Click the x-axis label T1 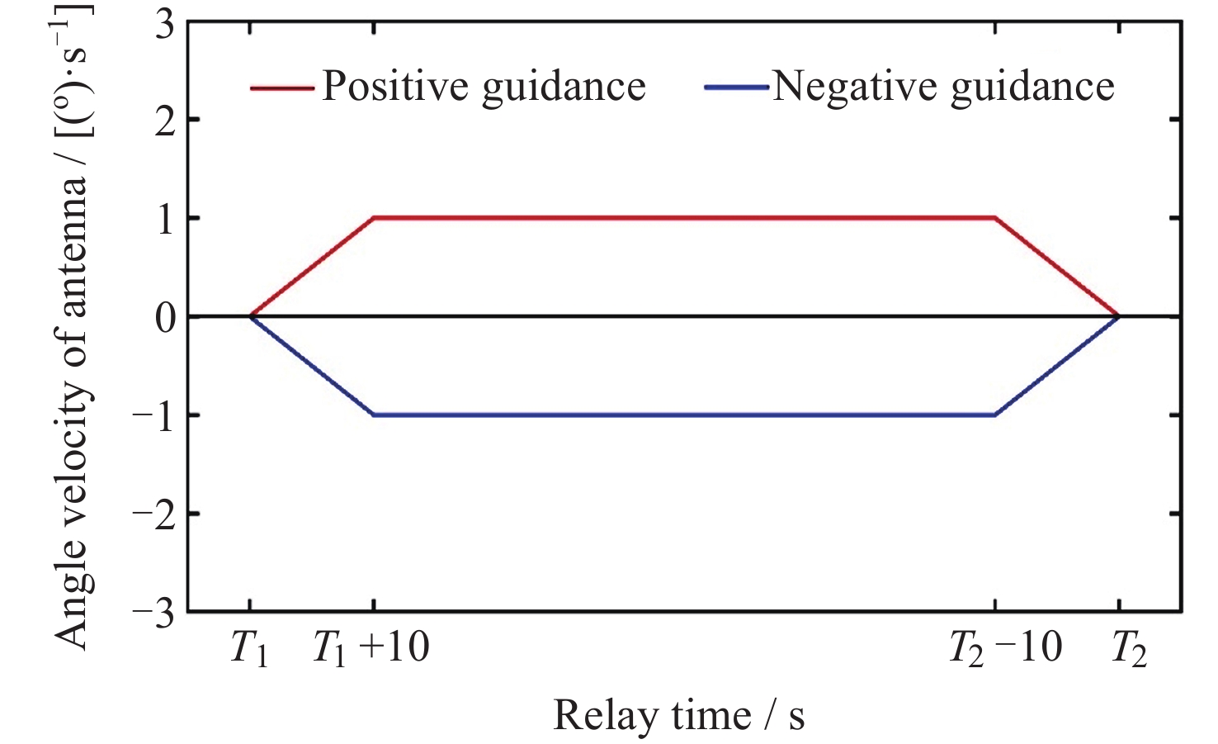click(x=249, y=649)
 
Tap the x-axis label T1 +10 click(x=371, y=649)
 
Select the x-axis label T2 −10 click(x=1005, y=649)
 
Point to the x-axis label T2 click(x=1128, y=649)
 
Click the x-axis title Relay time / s click(x=678, y=715)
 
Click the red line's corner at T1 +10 click(x=374, y=218)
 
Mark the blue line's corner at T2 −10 click(x=995, y=415)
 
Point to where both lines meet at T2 click(x=1118, y=316)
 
